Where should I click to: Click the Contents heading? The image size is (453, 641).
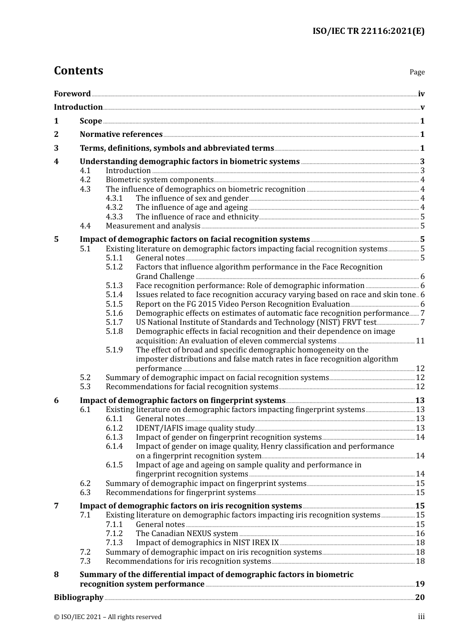(x=78, y=71)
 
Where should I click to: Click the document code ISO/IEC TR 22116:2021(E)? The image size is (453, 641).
(x=368, y=31)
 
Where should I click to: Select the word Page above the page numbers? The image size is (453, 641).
(x=417, y=72)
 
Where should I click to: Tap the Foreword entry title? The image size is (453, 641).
(x=72, y=94)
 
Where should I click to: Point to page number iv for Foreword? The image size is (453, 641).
(x=421, y=94)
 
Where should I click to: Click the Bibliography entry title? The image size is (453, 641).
(x=79, y=598)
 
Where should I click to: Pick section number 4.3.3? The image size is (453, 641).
(x=114, y=217)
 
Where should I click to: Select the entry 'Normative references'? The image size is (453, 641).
(x=121, y=134)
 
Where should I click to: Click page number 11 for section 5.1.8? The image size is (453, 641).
(x=420, y=341)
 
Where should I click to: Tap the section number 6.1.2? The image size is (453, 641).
(x=114, y=428)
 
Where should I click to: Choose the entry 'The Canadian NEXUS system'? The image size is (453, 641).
(x=187, y=534)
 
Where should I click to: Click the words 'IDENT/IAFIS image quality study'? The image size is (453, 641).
(x=195, y=428)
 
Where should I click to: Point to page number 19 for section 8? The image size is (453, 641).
(x=420, y=584)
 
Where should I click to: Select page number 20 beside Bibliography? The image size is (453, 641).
(x=420, y=598)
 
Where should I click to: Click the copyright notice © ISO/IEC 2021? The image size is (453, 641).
(x=108, y=617)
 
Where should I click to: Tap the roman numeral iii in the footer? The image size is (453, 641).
(x=421, y=617)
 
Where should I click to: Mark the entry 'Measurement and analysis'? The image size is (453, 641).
(x=153, y=226)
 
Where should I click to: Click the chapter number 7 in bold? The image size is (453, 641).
(x=56, y=506)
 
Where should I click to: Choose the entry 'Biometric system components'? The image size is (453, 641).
(x=160, y=180)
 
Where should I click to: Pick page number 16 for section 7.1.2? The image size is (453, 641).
(x=420, y=534)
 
